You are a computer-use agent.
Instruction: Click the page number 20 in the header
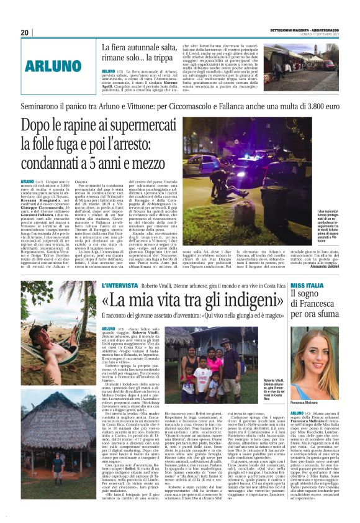pos(25,32)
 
